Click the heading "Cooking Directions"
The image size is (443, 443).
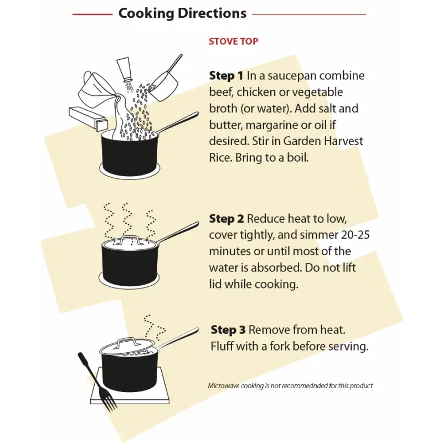pyautogui.click(x=182, y=13)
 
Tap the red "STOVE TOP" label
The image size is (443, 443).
pyautogui.click(x=233, y=41)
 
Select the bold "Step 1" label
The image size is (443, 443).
pyautogui.click(x=226, y=75)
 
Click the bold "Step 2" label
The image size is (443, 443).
pyautogui.click(x=226, y=219)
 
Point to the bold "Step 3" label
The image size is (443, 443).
pyautogui.click(x=228, y=329)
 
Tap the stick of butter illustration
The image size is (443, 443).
pyautogui.click(x=88, y=119)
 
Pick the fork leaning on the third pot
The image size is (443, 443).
pyautogui.click(x=97, y=382)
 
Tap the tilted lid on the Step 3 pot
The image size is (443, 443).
pyautogui.click(x=127, y=348)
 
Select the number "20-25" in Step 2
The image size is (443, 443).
pyautogui.click(x=355, y=235)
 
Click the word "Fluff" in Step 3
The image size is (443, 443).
pyautogui.click(x=222, y=346)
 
